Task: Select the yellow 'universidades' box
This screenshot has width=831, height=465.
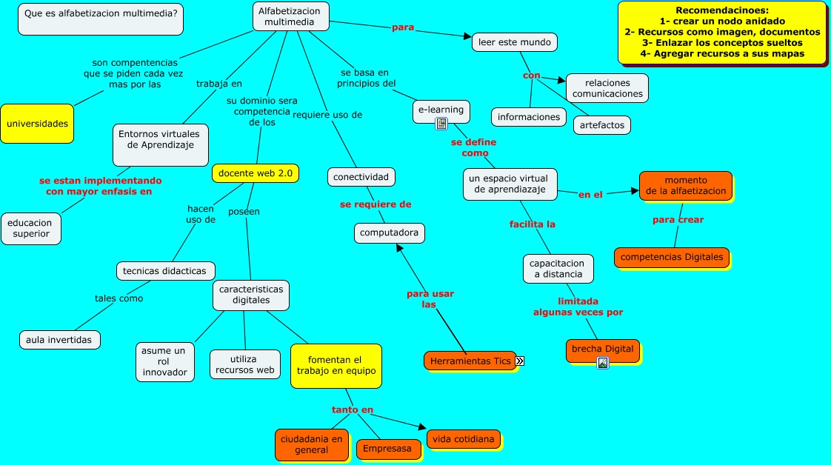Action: (x=37, y=124)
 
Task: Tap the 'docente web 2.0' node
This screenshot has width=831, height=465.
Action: (x=256, y=173)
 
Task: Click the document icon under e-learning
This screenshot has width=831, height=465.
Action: (x=441, y=124)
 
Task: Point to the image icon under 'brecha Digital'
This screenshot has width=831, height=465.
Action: (x=603, y=363)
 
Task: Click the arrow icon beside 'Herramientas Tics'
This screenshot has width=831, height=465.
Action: (x=520, y=361)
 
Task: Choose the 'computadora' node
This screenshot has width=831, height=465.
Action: (x=390, y=233)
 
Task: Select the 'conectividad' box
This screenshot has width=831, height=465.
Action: (x=361, y=177)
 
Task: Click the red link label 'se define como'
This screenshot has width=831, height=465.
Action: (x=474, y=148)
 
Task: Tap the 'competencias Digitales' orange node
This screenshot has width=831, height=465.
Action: (x=672, y=258)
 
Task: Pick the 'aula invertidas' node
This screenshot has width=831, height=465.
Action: (x=59, y=340)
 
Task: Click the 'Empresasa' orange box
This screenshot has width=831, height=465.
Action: (x=388, y=449)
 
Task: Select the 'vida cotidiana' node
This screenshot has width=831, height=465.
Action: (x=464, y=439)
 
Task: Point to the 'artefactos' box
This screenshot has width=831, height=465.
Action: (x=602, y=125)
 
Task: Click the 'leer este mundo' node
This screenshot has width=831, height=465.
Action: (x=515, y=42)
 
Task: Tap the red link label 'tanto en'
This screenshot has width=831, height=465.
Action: (x=353, y=409)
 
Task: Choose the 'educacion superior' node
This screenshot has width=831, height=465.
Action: (x=31, y=229)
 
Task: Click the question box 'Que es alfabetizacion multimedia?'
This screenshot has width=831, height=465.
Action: (x=101, y=19)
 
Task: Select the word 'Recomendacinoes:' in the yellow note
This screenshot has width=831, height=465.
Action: (x=722, y=10)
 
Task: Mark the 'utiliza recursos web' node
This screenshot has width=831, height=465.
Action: (x=245, y=364)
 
